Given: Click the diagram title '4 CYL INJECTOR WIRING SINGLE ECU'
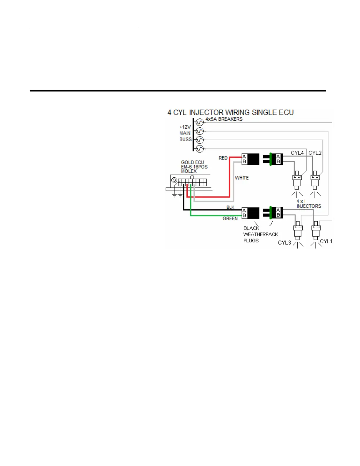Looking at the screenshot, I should (x=230, y=112).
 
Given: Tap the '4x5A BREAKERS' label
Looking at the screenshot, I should (x=224, y=119).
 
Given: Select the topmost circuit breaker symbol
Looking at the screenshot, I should (x=200, y=122).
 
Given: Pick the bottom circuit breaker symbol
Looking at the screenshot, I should (x=200, y=149).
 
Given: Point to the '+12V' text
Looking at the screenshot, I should (x=185, y=127).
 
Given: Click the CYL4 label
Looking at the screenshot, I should (x=297, y=153).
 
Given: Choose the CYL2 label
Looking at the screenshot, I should (x=315, y=153).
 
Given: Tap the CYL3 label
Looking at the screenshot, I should (x=284, y=243).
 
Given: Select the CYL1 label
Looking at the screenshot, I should (x=326, y=242).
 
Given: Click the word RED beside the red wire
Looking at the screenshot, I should (x=223, y=158).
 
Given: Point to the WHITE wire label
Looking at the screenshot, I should (x=242, y=178).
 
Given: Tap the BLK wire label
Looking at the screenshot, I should (x=230, y=207).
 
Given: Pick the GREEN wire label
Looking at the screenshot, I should (x=230, y=219).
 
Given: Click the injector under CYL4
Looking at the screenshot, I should (x=297, y=180).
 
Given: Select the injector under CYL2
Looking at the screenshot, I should (x=315, y=180).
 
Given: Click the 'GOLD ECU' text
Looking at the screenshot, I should (x=192, y=162).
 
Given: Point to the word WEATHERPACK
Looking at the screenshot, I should (x=261, y=234).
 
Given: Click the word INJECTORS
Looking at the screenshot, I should (x=309, y=206).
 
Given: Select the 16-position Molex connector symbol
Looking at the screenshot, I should (x=192, y=182).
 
